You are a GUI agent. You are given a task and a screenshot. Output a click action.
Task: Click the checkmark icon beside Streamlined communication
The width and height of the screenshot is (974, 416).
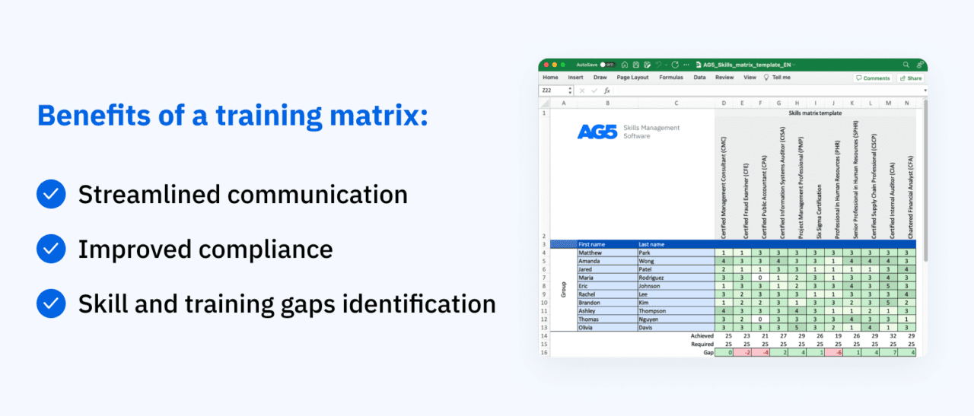pos(51,195)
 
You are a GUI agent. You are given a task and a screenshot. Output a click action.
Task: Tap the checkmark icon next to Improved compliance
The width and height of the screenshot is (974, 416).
pos(51,249)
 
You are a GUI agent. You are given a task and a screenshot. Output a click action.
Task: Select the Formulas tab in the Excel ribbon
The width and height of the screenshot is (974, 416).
pos(670,78)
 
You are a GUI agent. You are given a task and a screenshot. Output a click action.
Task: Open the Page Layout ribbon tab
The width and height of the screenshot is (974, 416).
pos(632,78)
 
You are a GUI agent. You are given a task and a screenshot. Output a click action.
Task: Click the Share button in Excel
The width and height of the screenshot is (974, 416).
pos(910,78)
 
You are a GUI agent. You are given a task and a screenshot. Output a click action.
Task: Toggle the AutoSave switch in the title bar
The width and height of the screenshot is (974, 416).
pos(607,65)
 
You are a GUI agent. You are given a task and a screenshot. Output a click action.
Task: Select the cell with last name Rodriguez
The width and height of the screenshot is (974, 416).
pos(654,278)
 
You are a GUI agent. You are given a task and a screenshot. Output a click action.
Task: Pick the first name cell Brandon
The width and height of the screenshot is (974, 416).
pos(590,302)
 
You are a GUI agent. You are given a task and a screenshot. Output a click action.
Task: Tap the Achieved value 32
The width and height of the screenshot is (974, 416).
pos(889,335)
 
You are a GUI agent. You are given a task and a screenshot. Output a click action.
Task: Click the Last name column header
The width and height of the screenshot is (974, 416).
pos(652,244)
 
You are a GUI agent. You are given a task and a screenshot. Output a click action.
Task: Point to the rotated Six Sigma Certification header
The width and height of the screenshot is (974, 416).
pos(816,212)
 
